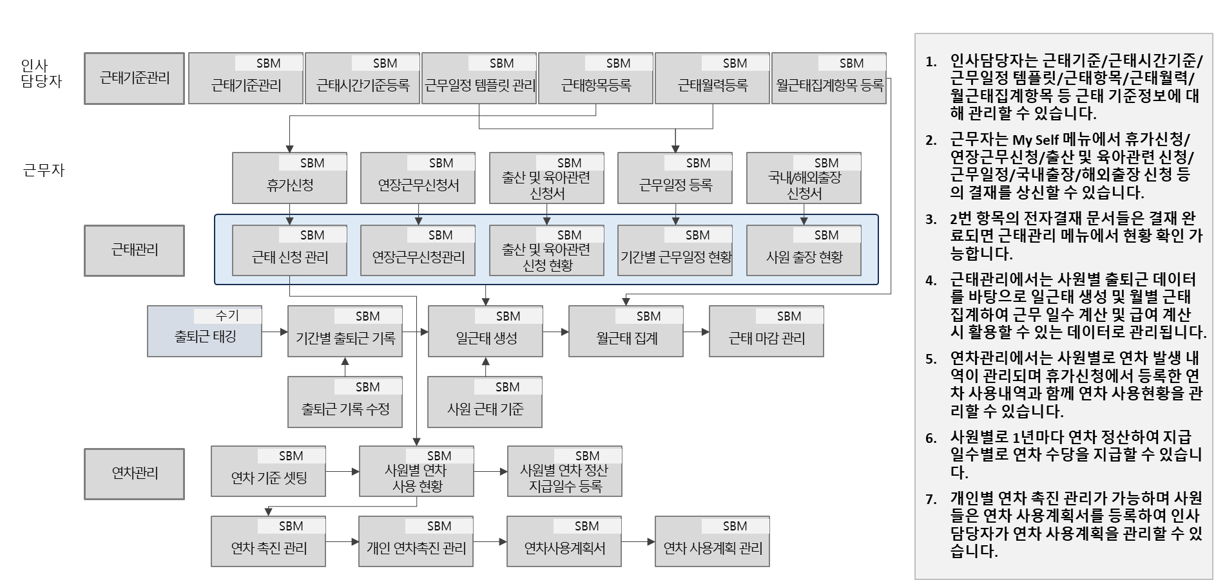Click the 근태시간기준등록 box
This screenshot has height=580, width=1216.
tap(362, 85)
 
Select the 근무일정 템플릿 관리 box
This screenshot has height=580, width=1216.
tap(479, 85)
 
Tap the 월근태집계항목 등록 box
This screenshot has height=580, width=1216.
tap(829, 85)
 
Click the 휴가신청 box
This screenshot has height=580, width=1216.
tap(289, 185)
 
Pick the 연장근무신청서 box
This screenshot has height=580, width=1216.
tap(418, 185)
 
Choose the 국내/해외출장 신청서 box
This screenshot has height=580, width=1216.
tap(804, 185)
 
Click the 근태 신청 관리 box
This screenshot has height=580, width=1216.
tap(289, 257)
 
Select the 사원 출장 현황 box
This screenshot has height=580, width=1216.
tap(804, 257)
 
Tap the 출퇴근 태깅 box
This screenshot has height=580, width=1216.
tap(205, 337)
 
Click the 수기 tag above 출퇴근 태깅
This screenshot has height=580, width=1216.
tap(227, 315)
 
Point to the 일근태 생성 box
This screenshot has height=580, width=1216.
tap(486, 338)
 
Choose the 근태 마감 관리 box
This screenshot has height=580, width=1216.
tap(766, 338)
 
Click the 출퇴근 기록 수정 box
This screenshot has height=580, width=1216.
tap(345, 409)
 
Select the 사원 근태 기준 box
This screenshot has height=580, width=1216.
tap(485, 409)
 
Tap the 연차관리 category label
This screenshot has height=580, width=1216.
tap(135, 474)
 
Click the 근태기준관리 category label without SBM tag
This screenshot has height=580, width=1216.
tap(135, 79)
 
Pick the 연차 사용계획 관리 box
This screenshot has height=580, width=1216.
tap(712, 548)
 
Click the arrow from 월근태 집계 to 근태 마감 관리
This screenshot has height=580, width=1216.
tap(696, 332)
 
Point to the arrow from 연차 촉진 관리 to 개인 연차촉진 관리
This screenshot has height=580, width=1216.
tap(342, 542)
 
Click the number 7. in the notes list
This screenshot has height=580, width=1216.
tap(931, 499)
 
